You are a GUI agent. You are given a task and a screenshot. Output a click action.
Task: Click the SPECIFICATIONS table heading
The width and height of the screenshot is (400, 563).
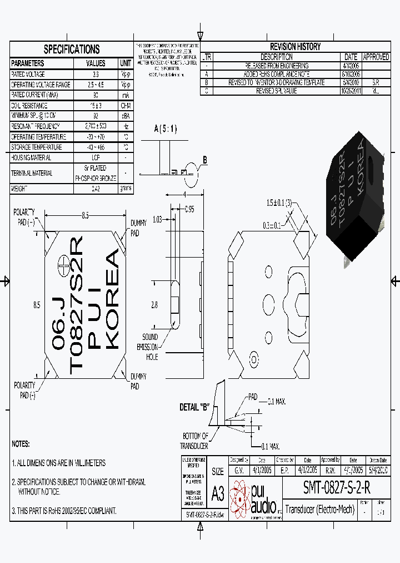coord(72,49)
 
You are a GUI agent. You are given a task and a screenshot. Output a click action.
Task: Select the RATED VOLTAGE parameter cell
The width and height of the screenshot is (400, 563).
coord(28,74)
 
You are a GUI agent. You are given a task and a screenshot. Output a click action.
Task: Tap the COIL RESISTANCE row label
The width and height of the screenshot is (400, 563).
coord(30,106)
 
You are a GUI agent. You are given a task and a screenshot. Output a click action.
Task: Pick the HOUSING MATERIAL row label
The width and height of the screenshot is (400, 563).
coord(32,158)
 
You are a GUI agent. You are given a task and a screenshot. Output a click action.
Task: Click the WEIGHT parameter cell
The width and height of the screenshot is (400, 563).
coord(19,189)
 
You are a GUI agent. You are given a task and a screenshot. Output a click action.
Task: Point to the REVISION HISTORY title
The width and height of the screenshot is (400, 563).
coord(295,47)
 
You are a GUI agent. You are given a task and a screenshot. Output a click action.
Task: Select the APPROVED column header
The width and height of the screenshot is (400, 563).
coord(376,57)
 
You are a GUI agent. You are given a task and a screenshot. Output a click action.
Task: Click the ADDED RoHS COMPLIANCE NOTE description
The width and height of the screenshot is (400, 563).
coord(277,74)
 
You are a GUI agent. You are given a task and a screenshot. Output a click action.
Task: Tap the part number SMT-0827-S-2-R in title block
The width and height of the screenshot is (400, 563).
coord(337,487)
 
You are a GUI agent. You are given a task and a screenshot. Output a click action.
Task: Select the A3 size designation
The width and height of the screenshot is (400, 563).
coord(218,493)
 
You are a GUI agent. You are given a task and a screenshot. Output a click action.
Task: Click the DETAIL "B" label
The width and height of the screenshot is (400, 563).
coord(194,407)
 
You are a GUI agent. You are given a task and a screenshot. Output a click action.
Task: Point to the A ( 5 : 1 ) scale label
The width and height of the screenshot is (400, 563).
coord(166,129)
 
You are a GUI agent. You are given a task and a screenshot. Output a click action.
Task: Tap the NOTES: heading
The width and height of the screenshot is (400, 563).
coord(21,445)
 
